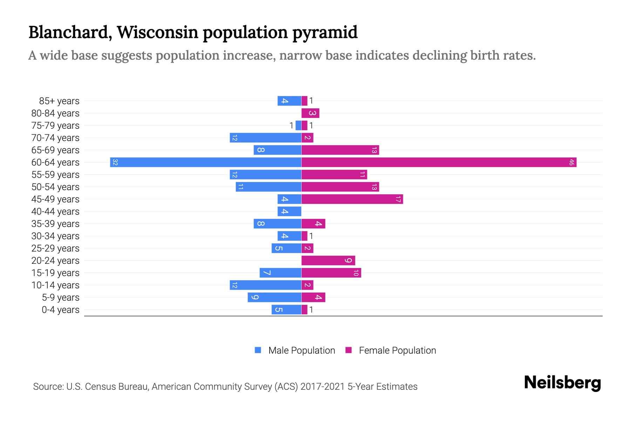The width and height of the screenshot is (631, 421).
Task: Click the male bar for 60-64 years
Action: pos(206,162)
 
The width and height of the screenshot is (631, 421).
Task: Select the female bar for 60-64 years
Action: pos(439,162)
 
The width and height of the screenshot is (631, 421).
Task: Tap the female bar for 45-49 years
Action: pos(352,199)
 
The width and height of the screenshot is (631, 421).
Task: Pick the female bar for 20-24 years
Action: pos(328,261)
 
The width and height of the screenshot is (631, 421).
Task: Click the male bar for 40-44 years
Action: pos(289,212)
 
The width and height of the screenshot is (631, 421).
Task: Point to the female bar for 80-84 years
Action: pos(310,113)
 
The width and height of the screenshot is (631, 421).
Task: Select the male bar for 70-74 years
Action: pos(265,138)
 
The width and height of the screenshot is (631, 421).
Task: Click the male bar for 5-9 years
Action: pos(274,298)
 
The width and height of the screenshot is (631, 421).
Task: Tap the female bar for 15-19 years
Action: pos(331,273)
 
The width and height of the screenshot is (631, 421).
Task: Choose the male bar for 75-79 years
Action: pos(298,126)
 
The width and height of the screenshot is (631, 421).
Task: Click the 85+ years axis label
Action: pos(59,101)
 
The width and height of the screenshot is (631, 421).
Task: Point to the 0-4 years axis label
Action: pos(60,310)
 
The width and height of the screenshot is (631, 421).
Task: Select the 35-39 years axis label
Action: pos(55,224)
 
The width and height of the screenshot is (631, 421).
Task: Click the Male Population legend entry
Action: pos(301,350)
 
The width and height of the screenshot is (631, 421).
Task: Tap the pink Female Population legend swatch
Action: pos(348,350)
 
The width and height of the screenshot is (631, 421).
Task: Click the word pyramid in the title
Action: pos(325,32)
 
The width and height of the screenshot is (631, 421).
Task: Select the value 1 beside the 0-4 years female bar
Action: pos(311,310)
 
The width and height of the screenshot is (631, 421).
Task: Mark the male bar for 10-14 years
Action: pos(265,285)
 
